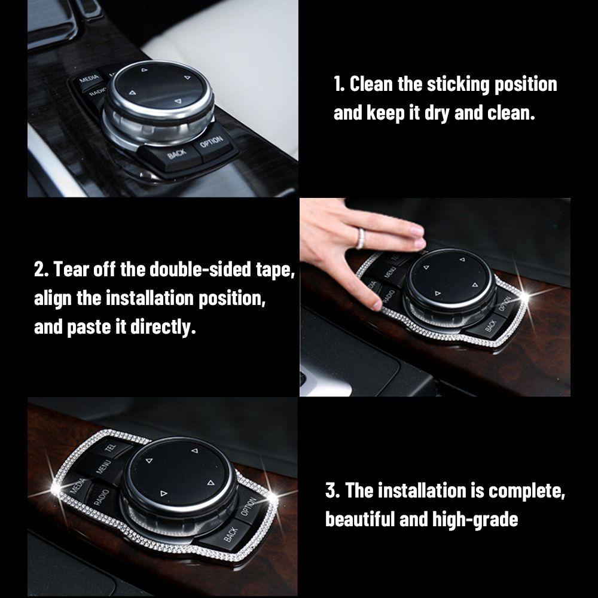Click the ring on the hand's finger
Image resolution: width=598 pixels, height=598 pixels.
tap(359, 238)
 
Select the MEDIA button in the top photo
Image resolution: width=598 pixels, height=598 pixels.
tap(89, 80)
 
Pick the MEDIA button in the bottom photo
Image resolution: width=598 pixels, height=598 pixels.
tap(77, 486)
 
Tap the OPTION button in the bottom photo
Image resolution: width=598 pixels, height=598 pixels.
tap(249, 506)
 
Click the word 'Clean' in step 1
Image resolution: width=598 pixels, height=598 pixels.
tap(371, 84)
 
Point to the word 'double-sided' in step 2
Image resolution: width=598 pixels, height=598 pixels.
tap(200, 269)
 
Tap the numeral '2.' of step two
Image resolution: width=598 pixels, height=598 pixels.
tap(42, 269)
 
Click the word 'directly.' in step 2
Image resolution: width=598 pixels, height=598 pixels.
tap(163, 327)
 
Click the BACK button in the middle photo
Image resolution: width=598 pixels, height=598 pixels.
tap(491, 325)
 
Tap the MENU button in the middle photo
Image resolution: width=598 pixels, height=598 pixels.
tap(390, 272)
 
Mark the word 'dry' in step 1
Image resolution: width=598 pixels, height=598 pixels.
tap(437, 113)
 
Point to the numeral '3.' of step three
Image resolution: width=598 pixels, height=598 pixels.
tap(332, 490)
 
